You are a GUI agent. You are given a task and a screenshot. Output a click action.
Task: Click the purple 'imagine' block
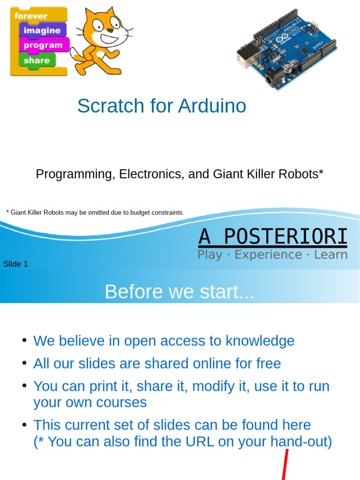coord(43,30)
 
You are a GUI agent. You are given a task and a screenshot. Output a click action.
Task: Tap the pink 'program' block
coord(44,45)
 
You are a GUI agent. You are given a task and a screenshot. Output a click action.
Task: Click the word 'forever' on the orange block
coord(30,15)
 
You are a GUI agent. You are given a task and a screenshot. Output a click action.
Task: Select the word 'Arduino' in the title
coord(212,106)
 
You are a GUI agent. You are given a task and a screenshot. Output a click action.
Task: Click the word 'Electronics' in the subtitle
coord(152,174)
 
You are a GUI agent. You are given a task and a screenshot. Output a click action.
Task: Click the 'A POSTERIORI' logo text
coord(273,237)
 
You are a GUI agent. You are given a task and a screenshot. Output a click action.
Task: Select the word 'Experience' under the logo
coord(269,255)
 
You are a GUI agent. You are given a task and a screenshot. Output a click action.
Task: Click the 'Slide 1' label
coord(15,264)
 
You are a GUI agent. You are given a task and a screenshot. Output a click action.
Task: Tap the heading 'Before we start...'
coord(180,292)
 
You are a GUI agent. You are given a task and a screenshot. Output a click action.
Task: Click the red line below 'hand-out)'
coord(285,465)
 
